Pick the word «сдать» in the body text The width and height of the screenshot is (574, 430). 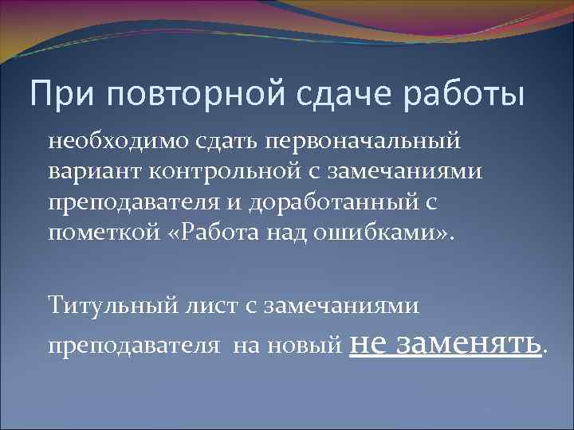211,143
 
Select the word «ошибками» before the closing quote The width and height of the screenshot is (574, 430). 360,233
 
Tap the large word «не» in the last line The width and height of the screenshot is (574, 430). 368,342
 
